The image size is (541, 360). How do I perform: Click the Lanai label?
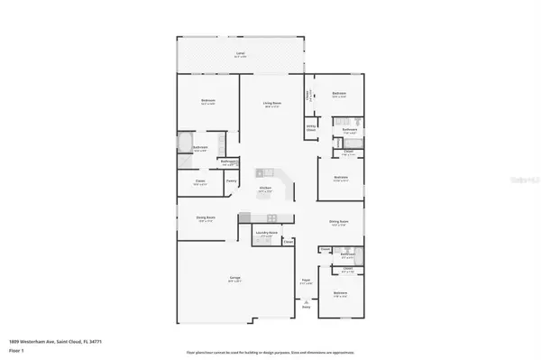coord(241,55)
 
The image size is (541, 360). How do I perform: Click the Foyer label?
coord(306,281)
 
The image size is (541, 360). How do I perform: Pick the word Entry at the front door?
coord(306,309)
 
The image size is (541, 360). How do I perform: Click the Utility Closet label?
coord(310,128)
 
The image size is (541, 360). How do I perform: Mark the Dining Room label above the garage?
coord(206,217)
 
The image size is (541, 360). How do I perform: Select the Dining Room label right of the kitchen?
coord(339,223)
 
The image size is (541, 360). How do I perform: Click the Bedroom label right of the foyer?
coord(340,292)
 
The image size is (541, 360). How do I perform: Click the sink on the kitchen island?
coord(264,172)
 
